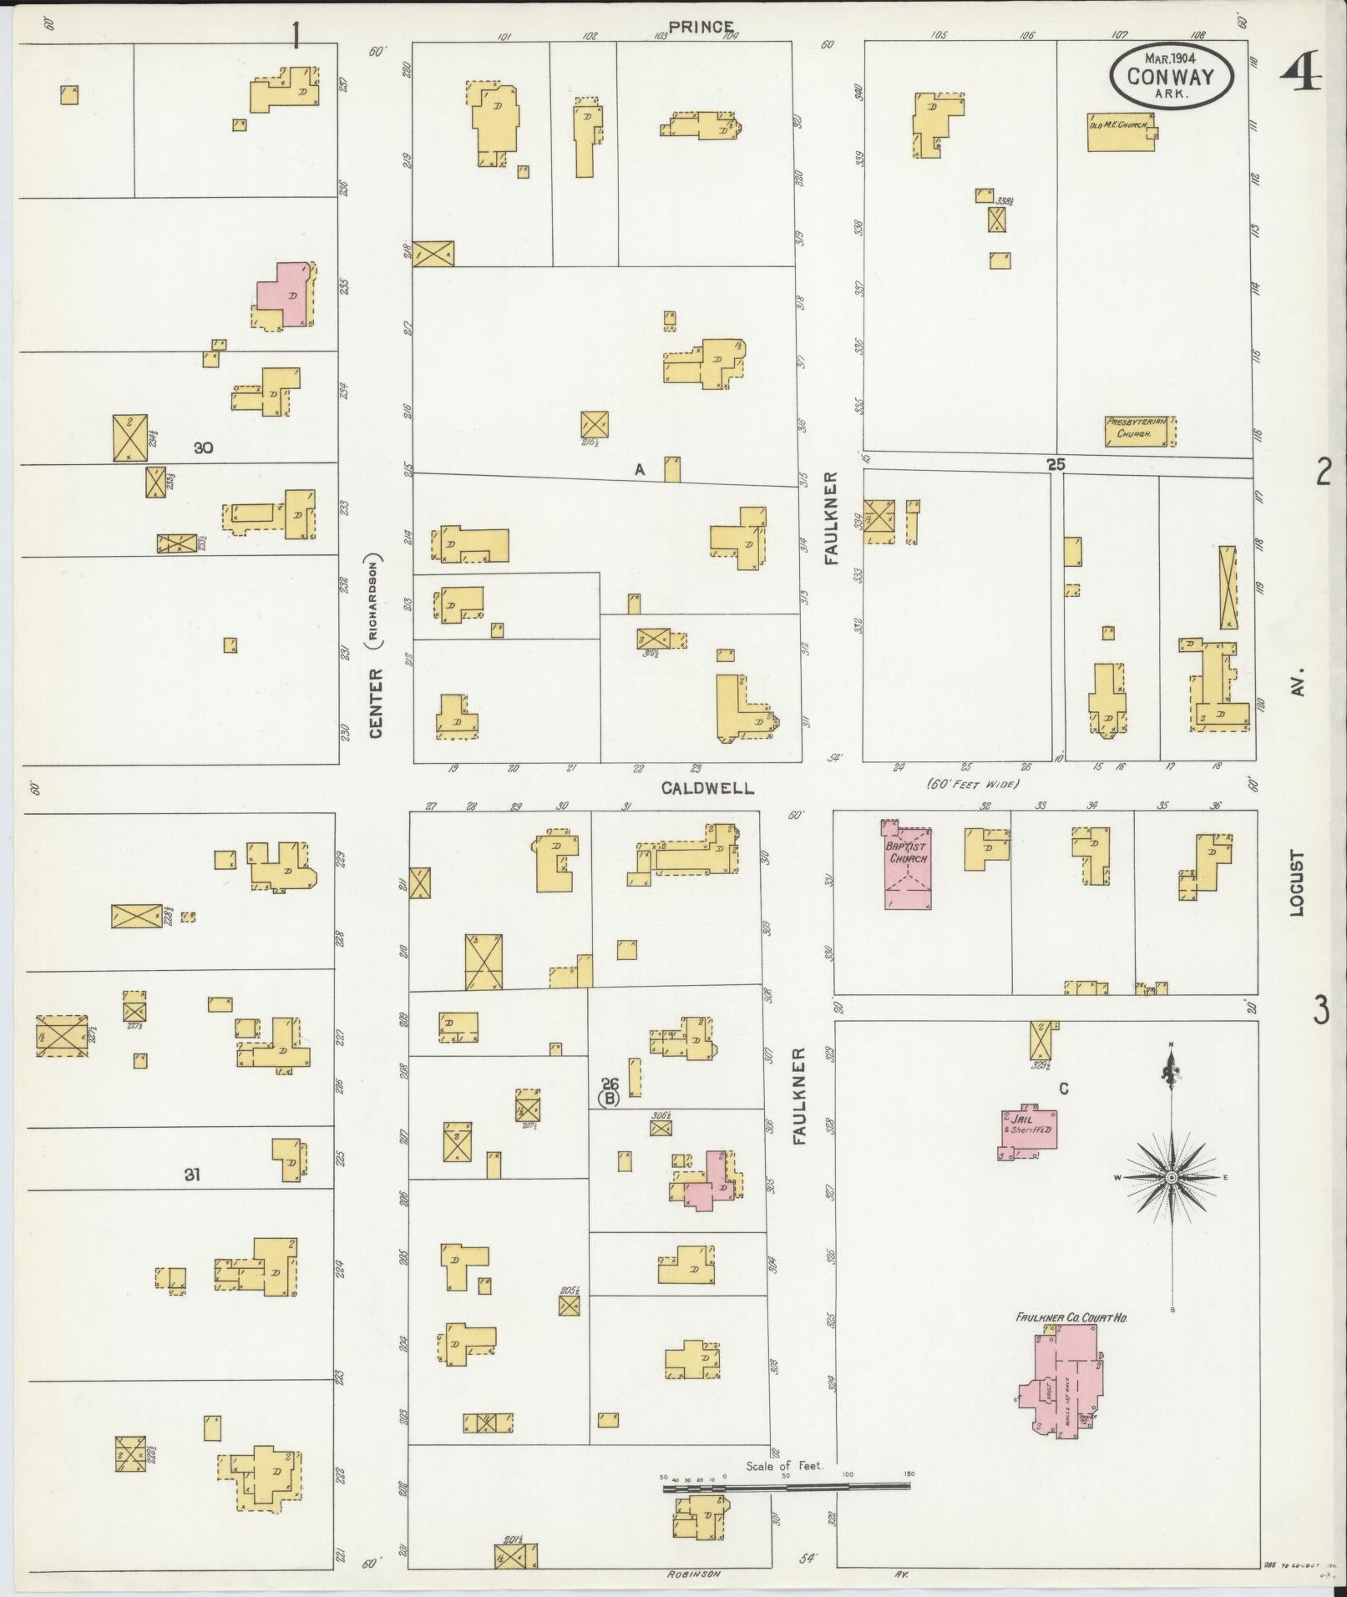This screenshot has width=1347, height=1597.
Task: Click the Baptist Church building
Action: [908, 867]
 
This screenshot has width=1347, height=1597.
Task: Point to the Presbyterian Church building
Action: [1140, 431]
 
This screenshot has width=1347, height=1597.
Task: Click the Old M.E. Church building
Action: [1121, 132]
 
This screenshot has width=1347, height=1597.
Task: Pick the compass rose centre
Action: [1171, 1176]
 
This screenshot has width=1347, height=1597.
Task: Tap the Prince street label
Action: [701, 28]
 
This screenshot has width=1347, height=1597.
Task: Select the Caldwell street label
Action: [708, 787]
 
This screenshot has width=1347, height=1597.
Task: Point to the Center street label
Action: [376, 701]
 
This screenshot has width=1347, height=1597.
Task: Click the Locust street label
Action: [1296, 883]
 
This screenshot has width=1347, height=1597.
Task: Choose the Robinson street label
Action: [692, 1573]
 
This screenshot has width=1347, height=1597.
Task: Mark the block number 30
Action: [203, 447]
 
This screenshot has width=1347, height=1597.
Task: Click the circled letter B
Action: [610, 1098]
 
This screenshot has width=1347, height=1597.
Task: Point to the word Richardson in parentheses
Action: [375, 599]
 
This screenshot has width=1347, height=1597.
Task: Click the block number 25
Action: [1056, 464]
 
